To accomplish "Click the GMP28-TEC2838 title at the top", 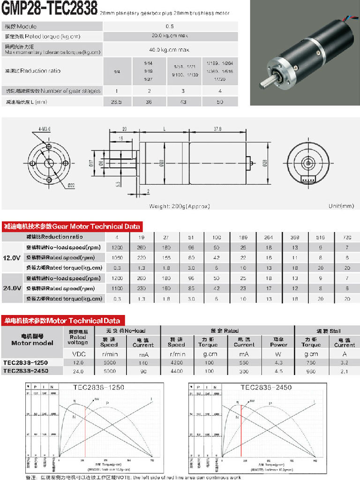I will pos(50,8).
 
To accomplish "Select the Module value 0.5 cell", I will pos(170,26).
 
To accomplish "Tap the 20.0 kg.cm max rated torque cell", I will pos(170,36).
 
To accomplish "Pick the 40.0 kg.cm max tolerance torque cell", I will pos(170,50).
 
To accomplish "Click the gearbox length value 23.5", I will pos(116,102).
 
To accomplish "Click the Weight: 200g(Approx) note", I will pos(180,206).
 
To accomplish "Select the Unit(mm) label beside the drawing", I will pos(341,206).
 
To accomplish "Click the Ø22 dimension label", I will pos(71,186).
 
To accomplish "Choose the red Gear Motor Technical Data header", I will pos(72,226).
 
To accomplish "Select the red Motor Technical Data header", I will pos(62,321).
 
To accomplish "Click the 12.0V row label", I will pos(12,257).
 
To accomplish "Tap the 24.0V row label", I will pos(12,288).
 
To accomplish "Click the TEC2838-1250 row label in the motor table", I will pos(25,362).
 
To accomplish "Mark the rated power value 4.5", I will pos(278,371).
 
